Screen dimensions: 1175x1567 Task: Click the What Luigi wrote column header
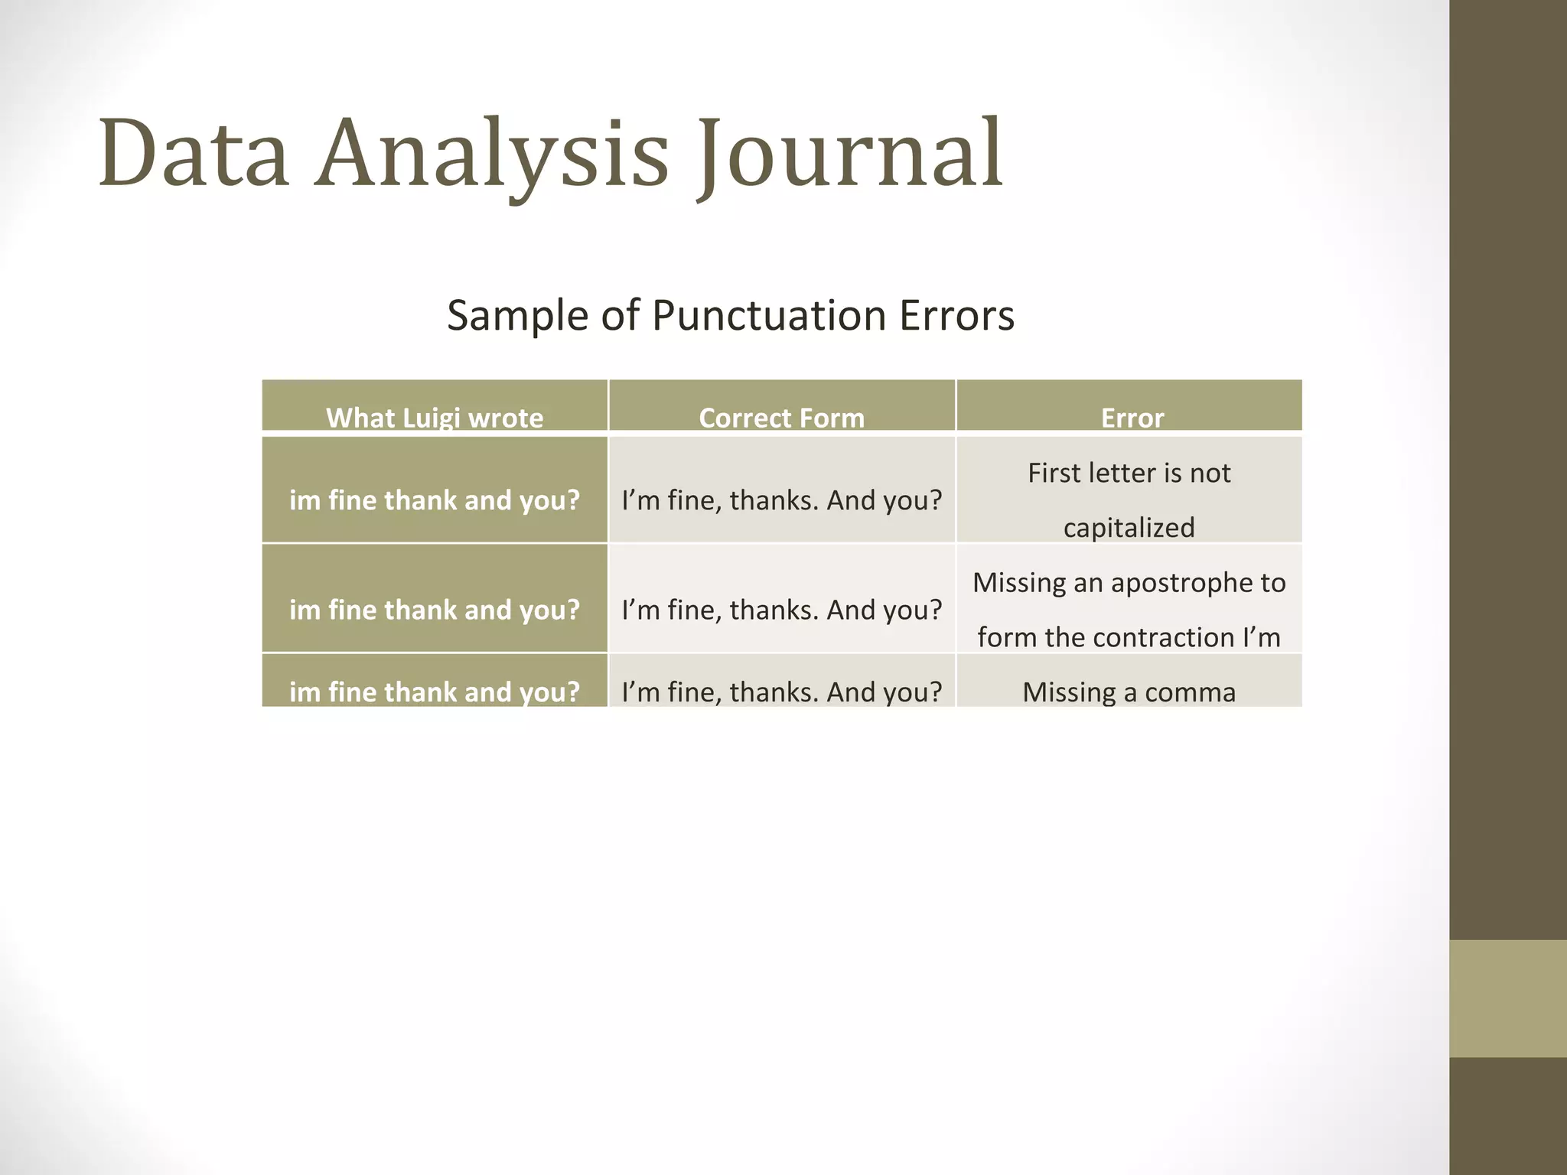(435, 418)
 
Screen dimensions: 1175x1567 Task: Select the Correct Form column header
(781, 418)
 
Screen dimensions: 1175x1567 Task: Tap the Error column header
(1132, 418)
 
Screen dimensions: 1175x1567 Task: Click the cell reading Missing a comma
(1129, 692)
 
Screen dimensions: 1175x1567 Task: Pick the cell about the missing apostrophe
(1129, 609)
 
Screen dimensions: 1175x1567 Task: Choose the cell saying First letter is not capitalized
(1129, 500)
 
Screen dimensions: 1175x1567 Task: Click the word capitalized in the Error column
(1129, 528)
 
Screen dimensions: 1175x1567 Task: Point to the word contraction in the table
(1155, 637)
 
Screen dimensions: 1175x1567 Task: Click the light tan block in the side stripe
(1507, 998)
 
